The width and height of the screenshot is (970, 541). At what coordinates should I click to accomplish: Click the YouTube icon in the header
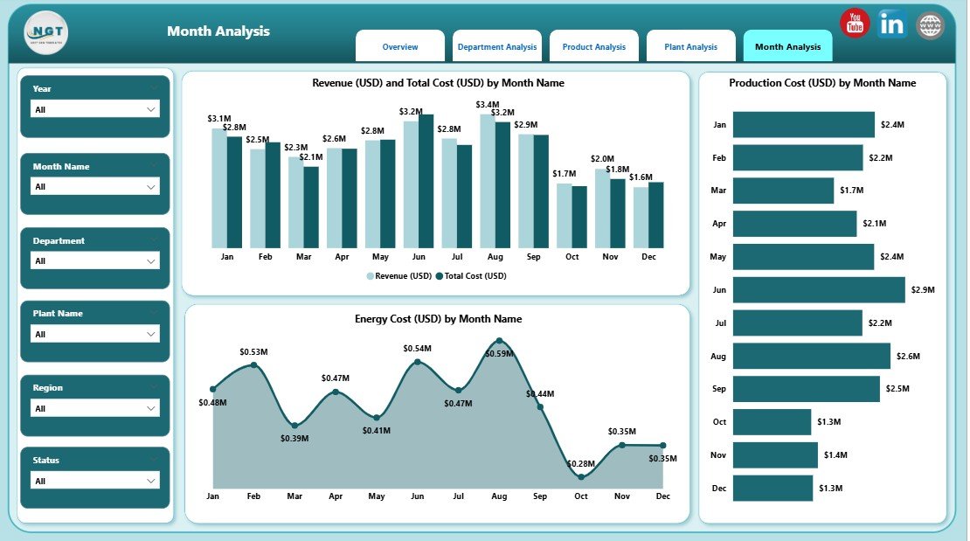854,24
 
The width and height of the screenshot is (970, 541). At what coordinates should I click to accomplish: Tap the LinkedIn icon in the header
892,24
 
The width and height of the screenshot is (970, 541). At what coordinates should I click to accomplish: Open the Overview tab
400,47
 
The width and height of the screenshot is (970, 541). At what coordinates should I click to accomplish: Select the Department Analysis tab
497,47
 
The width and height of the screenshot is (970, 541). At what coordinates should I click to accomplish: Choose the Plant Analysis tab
690,47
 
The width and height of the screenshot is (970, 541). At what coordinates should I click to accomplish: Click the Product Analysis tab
593,47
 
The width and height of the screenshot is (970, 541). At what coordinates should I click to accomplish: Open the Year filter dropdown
95,109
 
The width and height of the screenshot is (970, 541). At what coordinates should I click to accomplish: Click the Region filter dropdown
95,408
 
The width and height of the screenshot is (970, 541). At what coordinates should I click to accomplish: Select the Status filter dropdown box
95,481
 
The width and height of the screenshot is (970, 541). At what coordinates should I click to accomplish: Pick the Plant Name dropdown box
95,334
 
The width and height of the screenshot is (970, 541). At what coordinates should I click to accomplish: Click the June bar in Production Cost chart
818,289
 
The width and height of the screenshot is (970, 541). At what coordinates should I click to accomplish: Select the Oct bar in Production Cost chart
772,422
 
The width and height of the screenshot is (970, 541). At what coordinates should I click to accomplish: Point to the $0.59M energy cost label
500,354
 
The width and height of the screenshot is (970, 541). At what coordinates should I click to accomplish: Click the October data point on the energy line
581,476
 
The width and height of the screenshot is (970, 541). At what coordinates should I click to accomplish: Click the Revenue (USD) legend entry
398,275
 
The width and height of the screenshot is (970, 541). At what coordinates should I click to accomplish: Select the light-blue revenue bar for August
487,181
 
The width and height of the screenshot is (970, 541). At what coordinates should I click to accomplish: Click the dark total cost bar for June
426,181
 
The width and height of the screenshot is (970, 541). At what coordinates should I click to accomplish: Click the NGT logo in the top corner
46,32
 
